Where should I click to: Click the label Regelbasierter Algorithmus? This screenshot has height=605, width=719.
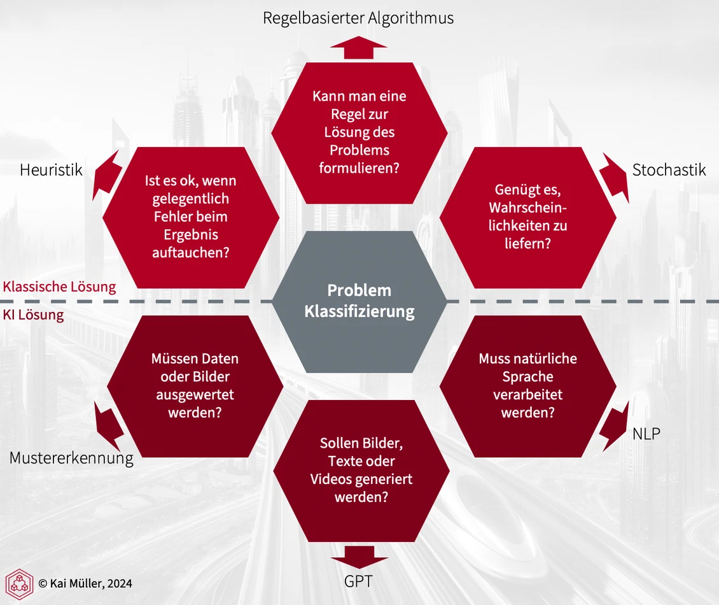tap(358, 18)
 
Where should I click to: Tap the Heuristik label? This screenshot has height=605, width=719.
tap(51, 170)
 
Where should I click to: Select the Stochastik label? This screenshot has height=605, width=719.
tap(669, 170)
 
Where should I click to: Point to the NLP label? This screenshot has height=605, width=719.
tap(646, 434)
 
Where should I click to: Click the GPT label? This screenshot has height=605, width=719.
tap(358, 581)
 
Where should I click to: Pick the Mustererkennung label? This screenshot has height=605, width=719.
tap(71, 458)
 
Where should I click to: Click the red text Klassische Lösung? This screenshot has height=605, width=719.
tap(59, 287)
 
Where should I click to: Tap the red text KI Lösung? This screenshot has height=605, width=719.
tap(33, 315)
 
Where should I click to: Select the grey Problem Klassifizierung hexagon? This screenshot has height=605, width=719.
tap(359, 302)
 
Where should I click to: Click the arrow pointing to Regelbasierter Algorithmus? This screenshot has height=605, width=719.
tap(359, 48)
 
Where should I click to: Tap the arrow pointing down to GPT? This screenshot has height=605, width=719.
tap(359, 557)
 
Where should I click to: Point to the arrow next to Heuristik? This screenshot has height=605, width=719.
tap(106, 175)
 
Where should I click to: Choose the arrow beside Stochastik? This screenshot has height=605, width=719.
tap(615, 177)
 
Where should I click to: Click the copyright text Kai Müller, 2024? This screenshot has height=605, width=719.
tap(85, 583)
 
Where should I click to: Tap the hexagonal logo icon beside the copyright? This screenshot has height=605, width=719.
tap(19, 584)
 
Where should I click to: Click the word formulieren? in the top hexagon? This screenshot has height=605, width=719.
tap(359, 168)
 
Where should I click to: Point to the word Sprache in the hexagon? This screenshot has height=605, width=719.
tap(527, 377)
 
